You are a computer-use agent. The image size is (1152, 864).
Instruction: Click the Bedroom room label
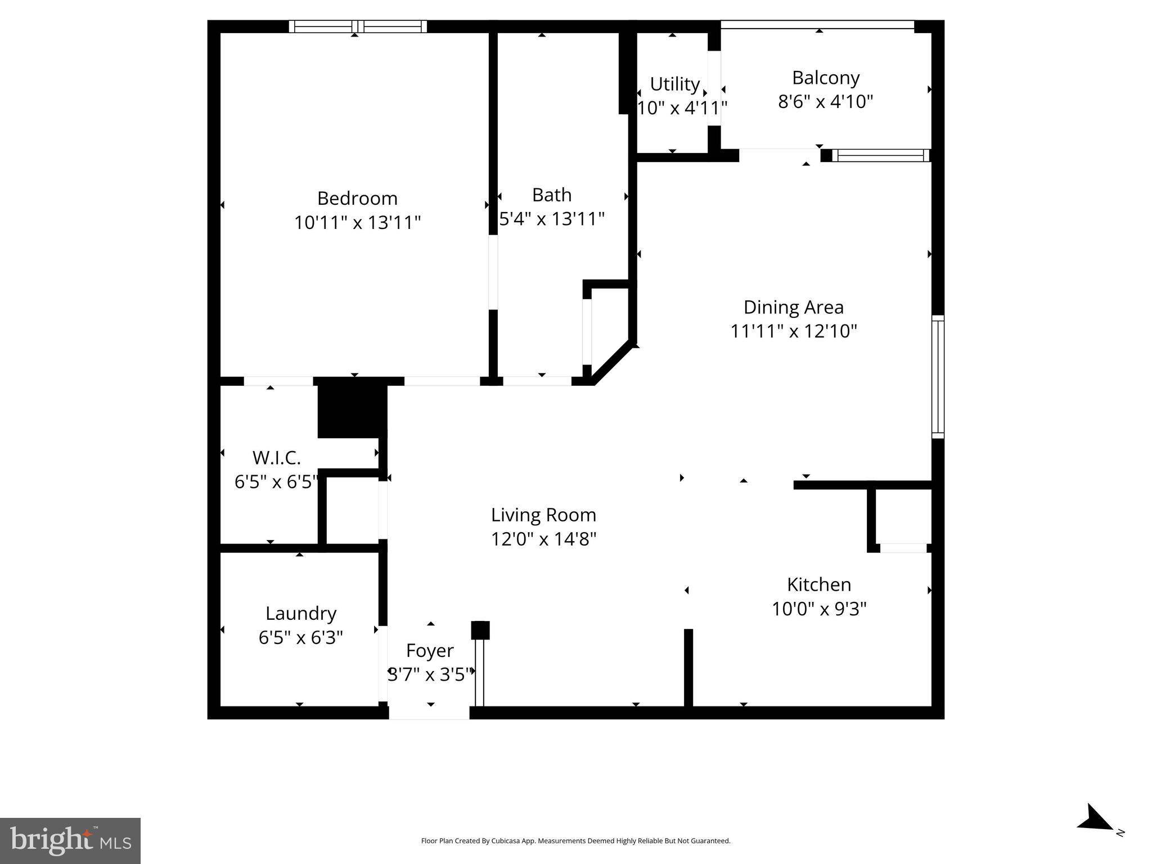[x=357, y=199]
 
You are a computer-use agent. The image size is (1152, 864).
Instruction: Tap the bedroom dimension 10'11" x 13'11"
[x=357, y=223]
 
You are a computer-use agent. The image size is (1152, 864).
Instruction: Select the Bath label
[x=551, y=195]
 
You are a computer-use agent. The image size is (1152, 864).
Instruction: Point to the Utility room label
[x=674, y=84]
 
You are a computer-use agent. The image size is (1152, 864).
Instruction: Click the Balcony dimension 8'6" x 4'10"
[x=825, y=102]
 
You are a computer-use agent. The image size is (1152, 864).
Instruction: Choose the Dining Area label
[x=793, y=307]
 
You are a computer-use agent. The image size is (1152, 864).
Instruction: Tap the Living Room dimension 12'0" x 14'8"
[x=543, y=539]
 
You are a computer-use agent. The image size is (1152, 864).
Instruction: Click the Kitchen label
[x=818, y=584]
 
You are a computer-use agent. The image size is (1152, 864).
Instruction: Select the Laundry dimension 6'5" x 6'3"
[x=300, y=637]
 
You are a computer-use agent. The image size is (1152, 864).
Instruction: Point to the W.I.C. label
[x=276, y=458]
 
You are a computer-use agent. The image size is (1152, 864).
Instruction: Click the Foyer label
[x=430, y=650]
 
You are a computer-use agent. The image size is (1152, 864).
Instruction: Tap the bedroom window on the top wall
[x=358, y=26]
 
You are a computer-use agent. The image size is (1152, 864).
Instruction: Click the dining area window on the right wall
[x=938, y=377]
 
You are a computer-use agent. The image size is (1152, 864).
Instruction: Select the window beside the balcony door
[x=880, y=156]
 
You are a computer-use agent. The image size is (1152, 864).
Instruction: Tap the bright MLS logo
[x=70, y=840]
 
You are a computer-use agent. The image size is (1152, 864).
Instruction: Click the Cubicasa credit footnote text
[x=575, y=841]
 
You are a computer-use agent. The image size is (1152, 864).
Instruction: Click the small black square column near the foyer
[x=480, y=630]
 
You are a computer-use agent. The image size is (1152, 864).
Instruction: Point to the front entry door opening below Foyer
[x=429, y=712]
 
